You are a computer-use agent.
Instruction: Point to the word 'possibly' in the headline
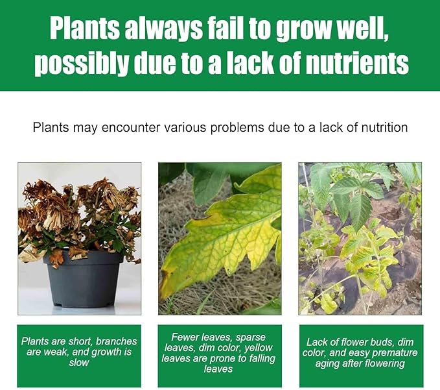tap(82, 64)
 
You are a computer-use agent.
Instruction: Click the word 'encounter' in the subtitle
tap(131, 128)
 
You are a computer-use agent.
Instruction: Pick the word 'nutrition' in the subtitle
tap(384, 128)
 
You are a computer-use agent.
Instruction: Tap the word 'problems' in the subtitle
tap(237, 128)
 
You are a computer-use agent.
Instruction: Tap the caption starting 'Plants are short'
tap(79, 352)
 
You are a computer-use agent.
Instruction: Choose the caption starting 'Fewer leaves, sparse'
tap(218, 353)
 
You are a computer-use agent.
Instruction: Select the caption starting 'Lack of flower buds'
tap(360, 353)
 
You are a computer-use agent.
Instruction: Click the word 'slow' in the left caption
tap(79, 363)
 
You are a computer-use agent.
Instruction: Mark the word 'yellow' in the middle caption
tap(259, 348)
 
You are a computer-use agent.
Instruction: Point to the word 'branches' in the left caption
tap(117, 341)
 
